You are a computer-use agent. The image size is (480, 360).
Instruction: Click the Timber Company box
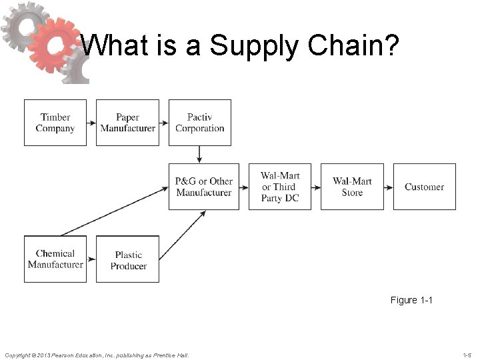click(x=55, y=123)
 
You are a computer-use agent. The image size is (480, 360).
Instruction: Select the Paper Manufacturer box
click(x=127, y=123)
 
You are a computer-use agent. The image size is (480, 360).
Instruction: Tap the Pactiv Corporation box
click(x=199, y=123)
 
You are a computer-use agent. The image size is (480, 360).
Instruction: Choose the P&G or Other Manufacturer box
click(x=203, y=187)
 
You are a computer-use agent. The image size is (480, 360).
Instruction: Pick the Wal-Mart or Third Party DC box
click(x=280, y=187)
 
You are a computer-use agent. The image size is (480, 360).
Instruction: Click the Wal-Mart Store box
click(x=352, y=187)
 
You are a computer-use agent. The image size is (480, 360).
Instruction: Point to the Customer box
click(x=424, y=187)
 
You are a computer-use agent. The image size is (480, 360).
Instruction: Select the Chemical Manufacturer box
click(x=55, y=259)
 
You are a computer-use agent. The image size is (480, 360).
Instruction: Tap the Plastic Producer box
click(x=128, y=259)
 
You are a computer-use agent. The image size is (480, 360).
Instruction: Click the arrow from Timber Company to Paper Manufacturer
click(x=91, y=123)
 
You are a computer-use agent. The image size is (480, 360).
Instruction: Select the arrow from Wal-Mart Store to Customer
click(x=388, y=187)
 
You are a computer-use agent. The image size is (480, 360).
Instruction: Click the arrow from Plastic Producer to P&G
click(x=182, y=235)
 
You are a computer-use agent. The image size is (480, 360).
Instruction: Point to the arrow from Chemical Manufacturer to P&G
click(x=113, y=212)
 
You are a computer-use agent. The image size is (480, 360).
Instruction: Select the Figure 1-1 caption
click(x=411, y=300)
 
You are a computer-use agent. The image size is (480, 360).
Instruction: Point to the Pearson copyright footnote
click(x=97, y=355)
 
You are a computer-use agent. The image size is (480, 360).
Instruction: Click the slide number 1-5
click(x=466, y=355)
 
